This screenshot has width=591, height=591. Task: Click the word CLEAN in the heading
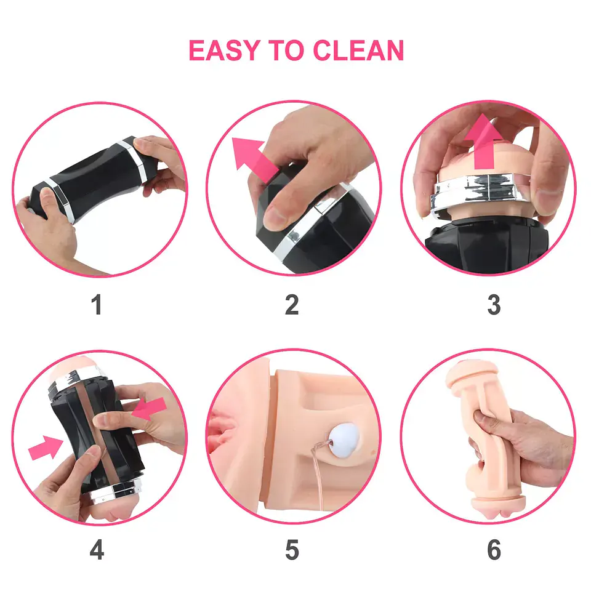[358, 50]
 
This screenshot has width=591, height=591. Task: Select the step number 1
[97, 305]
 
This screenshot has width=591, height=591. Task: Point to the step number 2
[292, 305]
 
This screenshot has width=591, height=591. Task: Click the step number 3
[494, 305]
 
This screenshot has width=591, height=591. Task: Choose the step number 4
[97, 550]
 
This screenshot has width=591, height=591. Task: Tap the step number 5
[292, 550]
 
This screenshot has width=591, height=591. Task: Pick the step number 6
[494, 550]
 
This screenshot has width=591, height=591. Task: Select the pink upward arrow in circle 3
[484, 142]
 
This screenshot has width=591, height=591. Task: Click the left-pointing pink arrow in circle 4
[149, 409]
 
